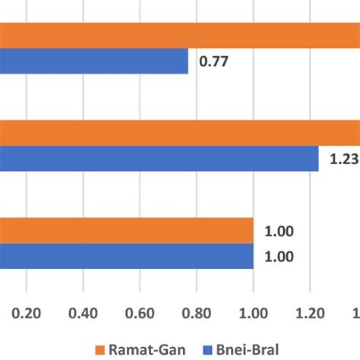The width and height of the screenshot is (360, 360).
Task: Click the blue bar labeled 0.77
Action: (x=94, y=62)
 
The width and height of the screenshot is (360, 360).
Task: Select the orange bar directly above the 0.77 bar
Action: (x=180, y=36)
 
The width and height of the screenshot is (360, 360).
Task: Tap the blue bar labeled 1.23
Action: (x=159, y=159)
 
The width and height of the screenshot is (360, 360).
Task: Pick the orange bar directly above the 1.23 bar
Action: (x=180, y=133)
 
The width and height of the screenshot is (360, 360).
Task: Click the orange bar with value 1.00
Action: (x=126, y=231)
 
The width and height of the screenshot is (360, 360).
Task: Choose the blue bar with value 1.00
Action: (x=126, y=256)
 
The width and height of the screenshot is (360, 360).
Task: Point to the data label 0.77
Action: (x=214, y=62)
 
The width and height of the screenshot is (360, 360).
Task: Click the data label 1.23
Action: (x=343, y=159)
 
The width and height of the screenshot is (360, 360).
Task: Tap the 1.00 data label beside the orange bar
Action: (x=279, y=232)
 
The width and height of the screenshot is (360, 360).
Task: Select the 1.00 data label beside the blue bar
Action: (x=279, y=257)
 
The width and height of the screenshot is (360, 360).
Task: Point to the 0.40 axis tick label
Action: (x=84, y=312)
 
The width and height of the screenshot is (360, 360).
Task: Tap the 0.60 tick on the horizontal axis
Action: (x=140, y=312)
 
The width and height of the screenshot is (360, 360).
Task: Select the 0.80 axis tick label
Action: (x=197, y=312)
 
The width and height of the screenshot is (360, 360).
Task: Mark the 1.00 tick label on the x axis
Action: (x=253, y=312)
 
